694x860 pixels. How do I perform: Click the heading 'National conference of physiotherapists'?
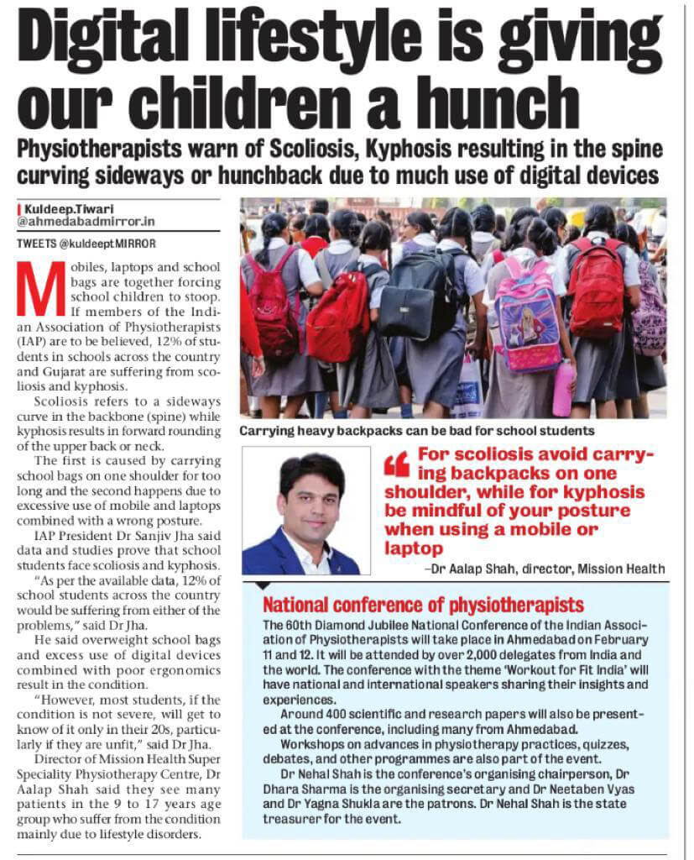424,605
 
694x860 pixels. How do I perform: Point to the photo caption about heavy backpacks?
417,430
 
